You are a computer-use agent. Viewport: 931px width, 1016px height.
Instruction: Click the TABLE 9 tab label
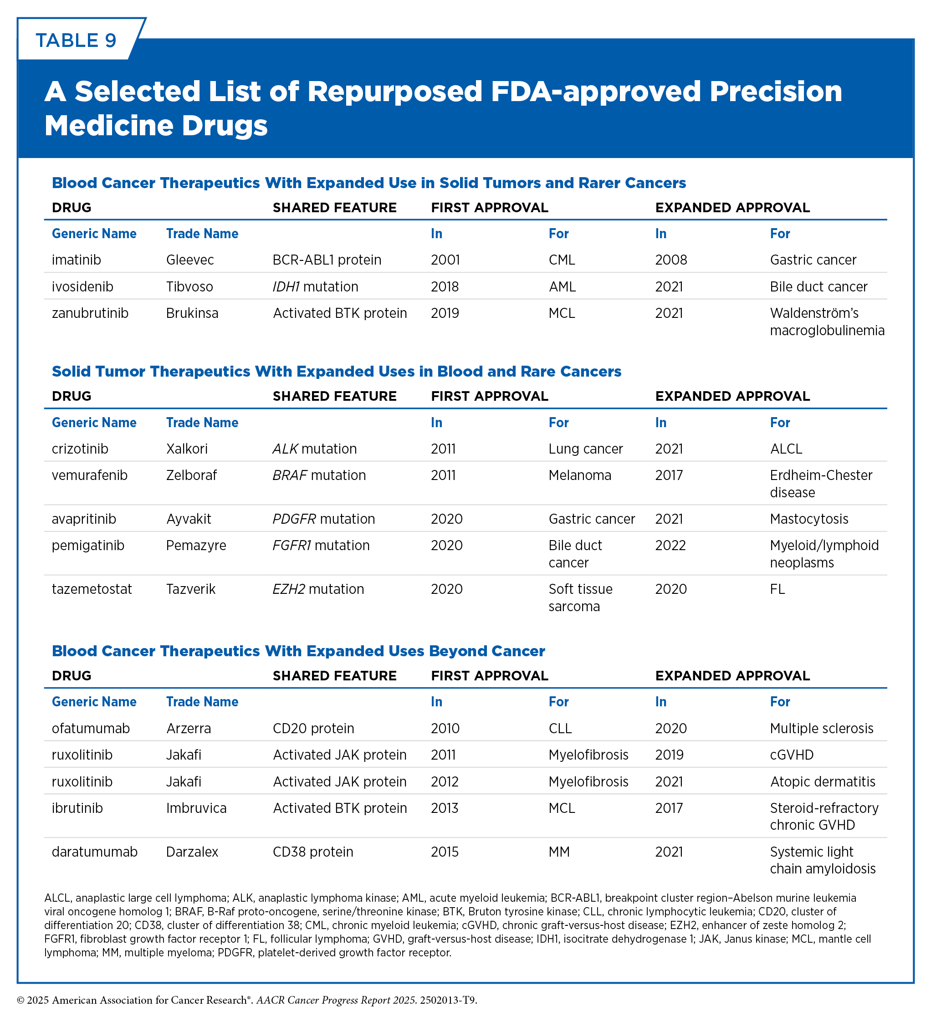(76, 41)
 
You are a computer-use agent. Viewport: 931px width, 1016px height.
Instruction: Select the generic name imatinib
(77, 260)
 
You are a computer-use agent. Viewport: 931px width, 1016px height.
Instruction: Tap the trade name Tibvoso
(189, 287)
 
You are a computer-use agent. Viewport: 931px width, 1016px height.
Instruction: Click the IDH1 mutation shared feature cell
(316, 287)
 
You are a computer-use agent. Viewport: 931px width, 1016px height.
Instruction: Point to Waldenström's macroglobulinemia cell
(827, 322)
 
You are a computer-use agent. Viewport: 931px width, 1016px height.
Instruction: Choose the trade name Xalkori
(187, 449)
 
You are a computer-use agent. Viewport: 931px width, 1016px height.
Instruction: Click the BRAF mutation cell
(319, 475)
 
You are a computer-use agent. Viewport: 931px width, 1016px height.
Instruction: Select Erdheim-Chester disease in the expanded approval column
(821, 484)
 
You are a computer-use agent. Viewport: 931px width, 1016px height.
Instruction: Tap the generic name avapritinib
(84, 519)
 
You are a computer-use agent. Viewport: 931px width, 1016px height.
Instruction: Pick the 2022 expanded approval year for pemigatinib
(670, 545)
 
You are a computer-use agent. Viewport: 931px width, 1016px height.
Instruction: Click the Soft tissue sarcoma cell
(581, 597)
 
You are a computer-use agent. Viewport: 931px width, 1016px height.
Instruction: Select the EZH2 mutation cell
(318, 589)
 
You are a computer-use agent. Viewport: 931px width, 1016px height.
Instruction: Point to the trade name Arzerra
(189, 728)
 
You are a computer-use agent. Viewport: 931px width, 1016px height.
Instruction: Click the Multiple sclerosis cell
(822, 728)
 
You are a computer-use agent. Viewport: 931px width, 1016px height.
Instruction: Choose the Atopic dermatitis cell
(823, 781)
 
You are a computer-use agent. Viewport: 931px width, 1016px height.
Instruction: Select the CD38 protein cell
(313, 852)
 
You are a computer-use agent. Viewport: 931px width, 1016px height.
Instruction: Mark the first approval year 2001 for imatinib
(445, 260)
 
